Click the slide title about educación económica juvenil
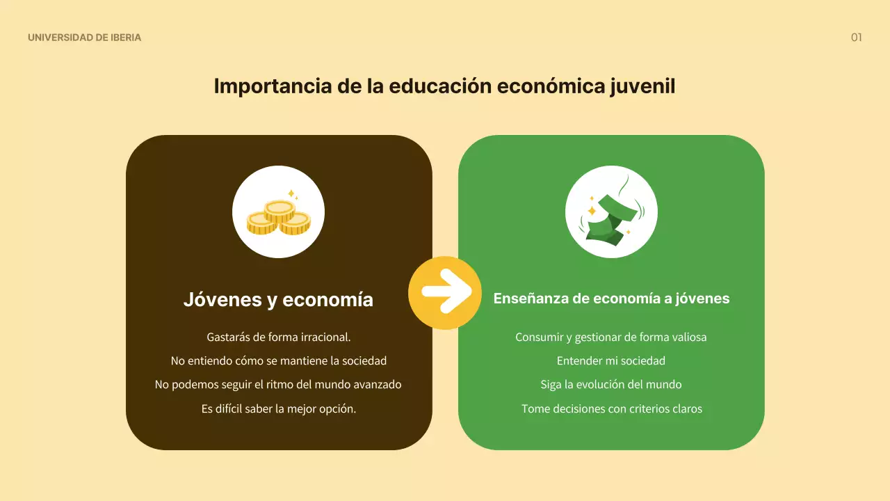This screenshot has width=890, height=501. click(x=444, y=86)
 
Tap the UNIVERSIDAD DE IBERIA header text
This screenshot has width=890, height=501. click(x=84, y=38)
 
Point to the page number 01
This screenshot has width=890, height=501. click(x=856, y=38)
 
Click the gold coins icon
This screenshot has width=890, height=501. click(x=278, y=212)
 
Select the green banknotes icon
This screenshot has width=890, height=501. click(x=611, y=212)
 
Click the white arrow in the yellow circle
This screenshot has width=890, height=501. click(x=445, y=292)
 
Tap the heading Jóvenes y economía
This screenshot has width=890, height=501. click(x=278, y=299)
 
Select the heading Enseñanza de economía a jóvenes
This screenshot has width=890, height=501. click(x=611, y=299)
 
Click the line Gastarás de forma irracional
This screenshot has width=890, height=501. click(x=278, y=337)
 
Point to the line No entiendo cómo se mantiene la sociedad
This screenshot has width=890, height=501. click(x=278, y=360)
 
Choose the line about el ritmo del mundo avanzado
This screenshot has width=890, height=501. click(x=278, y=384)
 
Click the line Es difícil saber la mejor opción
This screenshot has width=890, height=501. click(x=278, y=408)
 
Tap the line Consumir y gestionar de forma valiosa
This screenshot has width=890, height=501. click(x=611, y=337)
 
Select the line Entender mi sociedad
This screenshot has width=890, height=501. click(x=611, y=360)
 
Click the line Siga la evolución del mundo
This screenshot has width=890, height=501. click(x=611, y=384)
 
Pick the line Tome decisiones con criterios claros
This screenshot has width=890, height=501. click(x=611, y=408)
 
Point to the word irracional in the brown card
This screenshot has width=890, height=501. click(x=325, y=337)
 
